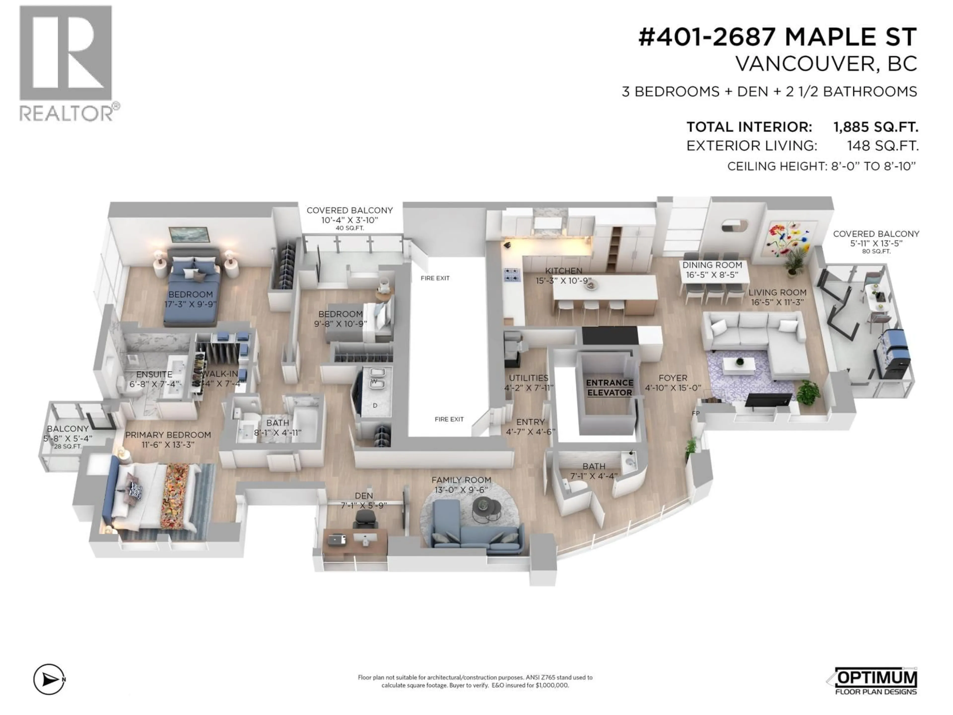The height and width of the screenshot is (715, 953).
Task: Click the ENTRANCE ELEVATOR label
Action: click(x=609, y=388)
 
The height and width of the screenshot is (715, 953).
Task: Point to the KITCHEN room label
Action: click(x=564, y=271)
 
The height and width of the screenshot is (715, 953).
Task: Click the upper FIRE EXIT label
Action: click(x=435, y=278)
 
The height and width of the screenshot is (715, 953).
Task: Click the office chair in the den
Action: click(x=365, y=519)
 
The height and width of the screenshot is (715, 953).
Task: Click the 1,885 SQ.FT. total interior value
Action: click(x=876, y=127)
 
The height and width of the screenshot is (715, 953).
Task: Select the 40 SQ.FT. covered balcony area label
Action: click(x=349, y=228)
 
